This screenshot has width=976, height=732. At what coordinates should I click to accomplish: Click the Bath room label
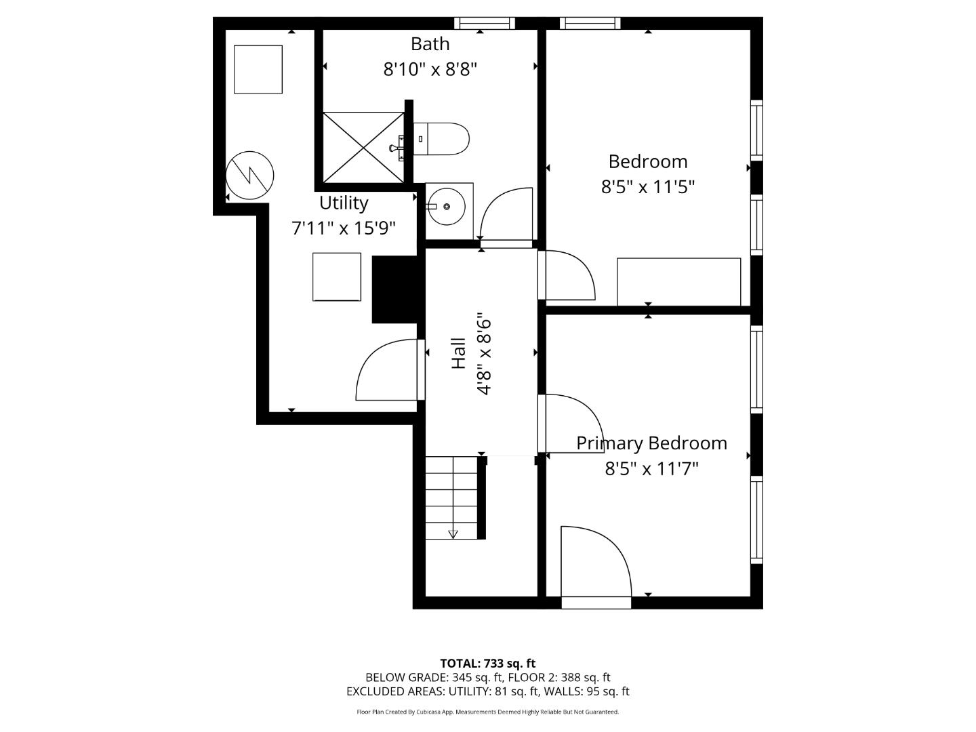click(x=430, y=44)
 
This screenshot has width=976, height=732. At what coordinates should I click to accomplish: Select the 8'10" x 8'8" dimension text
click(x=430, y=69)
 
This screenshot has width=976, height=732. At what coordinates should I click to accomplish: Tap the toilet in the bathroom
click(x=441, y=139)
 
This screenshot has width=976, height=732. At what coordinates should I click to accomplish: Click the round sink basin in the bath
click(x=447, y=207)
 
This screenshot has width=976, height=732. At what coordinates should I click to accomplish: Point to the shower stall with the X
click(x=363, y=147)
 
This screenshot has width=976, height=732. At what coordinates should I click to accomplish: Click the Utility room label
click(x=344, y=203)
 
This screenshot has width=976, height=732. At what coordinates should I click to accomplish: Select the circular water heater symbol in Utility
click(x=249, y=176)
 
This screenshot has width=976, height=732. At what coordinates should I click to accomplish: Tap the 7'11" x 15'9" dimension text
click(x=344, y=228)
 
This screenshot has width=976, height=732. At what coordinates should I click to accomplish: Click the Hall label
click(x=459, y=353)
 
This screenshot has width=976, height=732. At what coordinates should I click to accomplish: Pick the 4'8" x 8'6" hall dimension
click(x=484, y=353)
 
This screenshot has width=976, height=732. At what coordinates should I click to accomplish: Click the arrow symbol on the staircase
click(x=453, y=534)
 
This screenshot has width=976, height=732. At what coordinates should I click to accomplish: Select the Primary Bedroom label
click(x=651, y=443)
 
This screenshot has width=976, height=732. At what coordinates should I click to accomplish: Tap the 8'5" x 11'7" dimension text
click(x=651, y=469)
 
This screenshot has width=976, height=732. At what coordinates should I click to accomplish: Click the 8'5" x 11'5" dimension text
click(x=648, y=187)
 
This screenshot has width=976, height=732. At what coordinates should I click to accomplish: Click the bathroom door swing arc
click(x=505, y=211)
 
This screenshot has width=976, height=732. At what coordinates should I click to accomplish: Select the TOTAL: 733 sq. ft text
click(x=487, y=664)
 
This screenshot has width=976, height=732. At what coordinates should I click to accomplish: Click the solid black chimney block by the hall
click(x=394, y=289)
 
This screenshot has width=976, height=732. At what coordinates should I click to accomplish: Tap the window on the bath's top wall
click(x=484, y=23)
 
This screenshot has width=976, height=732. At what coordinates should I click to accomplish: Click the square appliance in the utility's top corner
click(x=258, y=69)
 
